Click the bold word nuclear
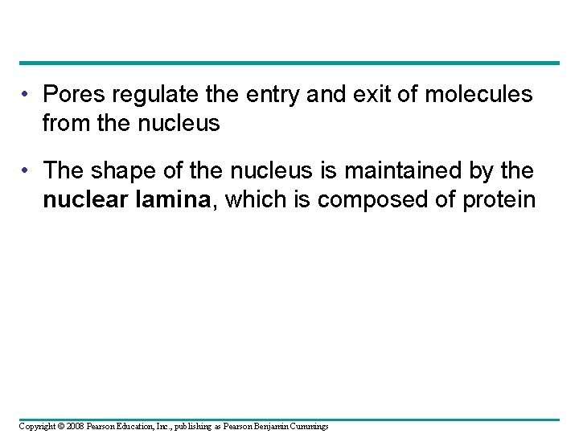[x=84, y=199]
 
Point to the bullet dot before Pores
[x=27, y=95]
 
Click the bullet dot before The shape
[x=27, y=170]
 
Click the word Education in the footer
[x=140, y=425]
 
